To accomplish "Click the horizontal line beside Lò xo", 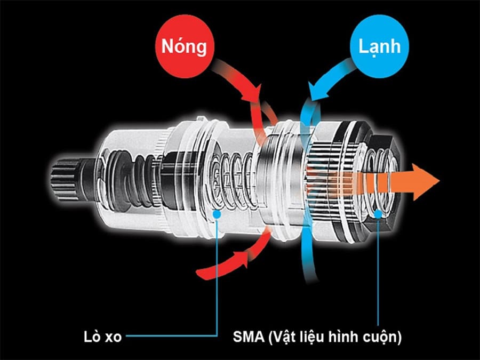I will [171, 336].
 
